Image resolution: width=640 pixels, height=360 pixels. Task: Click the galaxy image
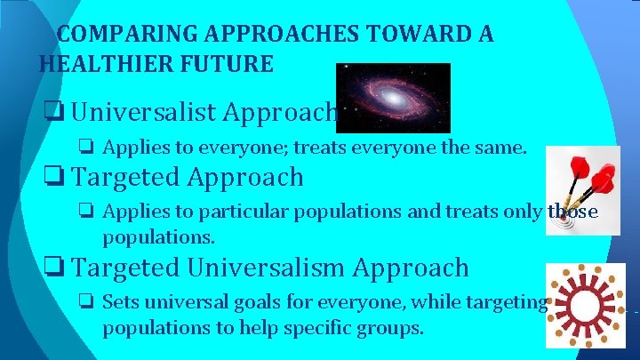tap(393, 97)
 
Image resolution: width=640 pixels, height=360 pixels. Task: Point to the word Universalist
tap(145, 113)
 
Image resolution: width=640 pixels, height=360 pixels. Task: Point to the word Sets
tap(120, 302)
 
